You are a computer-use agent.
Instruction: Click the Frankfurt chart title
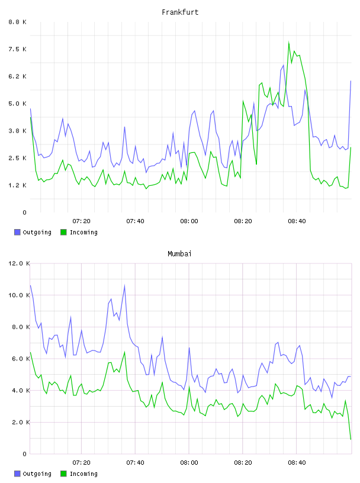(x=180, y=12)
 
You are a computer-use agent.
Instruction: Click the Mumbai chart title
(x=179, y=254)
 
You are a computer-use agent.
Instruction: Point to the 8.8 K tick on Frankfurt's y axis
(x=18, y=22)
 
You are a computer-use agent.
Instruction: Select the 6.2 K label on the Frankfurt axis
(x=18, y=76)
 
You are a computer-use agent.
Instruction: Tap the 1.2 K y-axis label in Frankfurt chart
(x=18, y=185)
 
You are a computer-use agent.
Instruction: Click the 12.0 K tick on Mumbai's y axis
(x=19, y=263)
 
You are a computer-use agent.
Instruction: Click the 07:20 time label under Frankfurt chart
(x=81, y=221)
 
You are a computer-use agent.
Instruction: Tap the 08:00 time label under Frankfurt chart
(x=189, y=221)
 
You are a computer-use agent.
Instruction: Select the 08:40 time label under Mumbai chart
(x=297, y=463)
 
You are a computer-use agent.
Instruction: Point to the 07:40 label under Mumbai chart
(x=135, y=463)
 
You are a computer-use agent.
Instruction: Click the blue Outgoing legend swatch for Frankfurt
(x=17, y=232)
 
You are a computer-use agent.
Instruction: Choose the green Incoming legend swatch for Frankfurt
(x=63, y=232)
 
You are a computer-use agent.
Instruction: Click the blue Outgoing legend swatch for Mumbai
(x=17, y=474)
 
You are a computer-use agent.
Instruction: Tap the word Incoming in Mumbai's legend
(x=83, y=474)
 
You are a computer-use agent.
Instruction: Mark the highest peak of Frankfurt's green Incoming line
(x=289, y=42)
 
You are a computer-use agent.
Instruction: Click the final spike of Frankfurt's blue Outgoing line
(x=351, y=81)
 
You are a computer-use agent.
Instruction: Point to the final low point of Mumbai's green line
(x=351, y=439)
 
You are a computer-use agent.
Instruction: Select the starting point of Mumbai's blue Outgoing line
(x=30, y=285)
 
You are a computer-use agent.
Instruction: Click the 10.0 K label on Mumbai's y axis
(x=19, y=295)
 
